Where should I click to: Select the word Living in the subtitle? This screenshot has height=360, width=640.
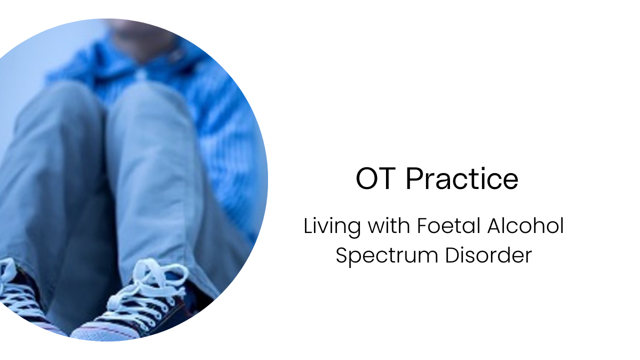332,226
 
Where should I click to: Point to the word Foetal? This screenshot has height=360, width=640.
442,226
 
